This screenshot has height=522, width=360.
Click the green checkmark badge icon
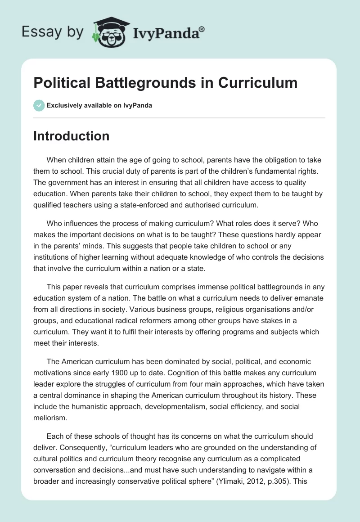(x=38, y=105)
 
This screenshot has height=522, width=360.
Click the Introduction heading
(x=71, y=136)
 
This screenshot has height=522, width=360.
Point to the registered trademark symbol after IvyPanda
(x=202, y=29)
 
